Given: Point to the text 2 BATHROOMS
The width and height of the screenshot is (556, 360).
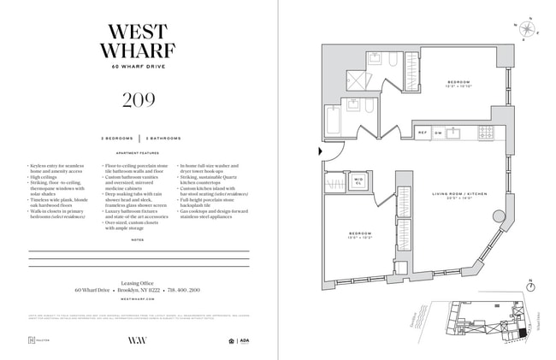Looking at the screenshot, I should click(x=163, y=138).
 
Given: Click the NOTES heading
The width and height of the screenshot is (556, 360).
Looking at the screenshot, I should click(x=139, y=240).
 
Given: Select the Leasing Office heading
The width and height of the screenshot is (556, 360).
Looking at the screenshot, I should click(x=139, y=281).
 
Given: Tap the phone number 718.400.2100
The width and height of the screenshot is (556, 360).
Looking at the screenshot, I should click(x=185, y=291).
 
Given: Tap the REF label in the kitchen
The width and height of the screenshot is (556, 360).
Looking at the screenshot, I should click(x=423, y=133).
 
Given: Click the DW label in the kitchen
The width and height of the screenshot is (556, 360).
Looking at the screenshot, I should click(x=438, y=133).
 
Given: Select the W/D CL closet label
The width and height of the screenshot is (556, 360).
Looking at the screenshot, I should click(x=359, y=180).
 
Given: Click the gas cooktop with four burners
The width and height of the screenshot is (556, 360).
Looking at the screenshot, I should click(x=485, y=133).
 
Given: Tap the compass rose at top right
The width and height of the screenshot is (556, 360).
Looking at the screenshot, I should click(x=528, y=27).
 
